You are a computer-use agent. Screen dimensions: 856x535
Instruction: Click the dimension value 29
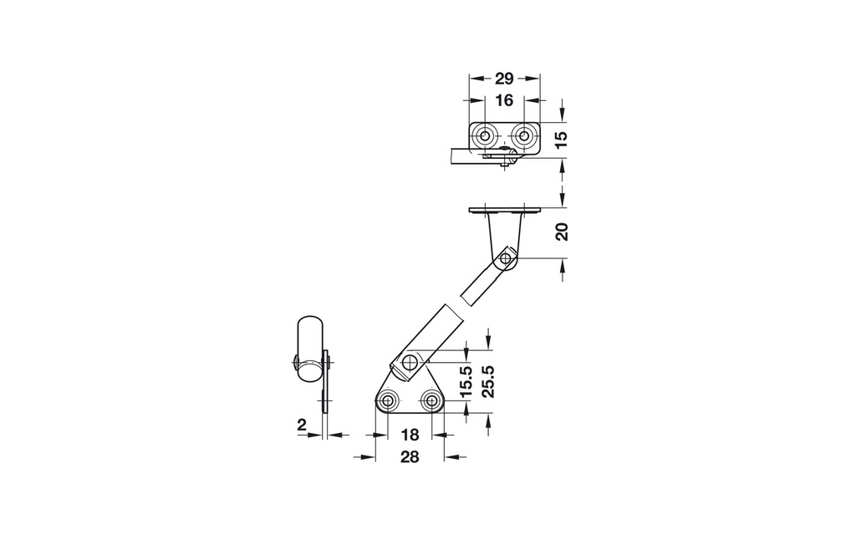coord(504,79)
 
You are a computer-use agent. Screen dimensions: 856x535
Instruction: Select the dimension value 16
coord(504,100)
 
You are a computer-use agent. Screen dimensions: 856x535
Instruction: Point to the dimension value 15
coord(561,140)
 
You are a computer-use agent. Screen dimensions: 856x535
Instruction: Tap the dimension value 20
coord(561,232)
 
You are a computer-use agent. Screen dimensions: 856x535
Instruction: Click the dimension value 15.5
coord(465,381)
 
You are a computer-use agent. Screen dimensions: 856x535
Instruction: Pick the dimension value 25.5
coord(487,381)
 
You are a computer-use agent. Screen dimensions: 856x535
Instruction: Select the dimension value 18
coord(410,435)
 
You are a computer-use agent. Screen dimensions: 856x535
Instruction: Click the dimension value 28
coord(410,457)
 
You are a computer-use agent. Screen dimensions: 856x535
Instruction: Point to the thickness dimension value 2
coord(301,425)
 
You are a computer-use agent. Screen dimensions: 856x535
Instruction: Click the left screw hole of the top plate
coord(484,136)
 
